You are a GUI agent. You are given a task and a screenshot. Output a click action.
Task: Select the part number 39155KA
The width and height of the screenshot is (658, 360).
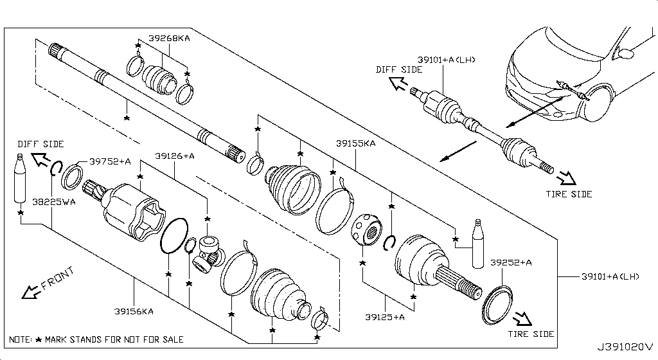coord(355,144)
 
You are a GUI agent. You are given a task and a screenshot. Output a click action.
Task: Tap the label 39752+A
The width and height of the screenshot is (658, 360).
coord(109,162)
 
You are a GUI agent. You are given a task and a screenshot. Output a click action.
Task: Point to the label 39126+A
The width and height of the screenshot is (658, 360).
coord(175,156)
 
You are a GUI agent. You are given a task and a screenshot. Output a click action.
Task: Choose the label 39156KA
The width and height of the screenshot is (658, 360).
coord(134,311)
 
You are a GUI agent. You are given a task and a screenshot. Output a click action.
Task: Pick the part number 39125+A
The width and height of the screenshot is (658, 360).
coord(385,316)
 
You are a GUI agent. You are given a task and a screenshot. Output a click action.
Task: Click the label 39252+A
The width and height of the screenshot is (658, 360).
coord(511,262)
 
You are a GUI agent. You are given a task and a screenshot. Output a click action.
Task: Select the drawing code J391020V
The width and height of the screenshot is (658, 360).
coord(626,348)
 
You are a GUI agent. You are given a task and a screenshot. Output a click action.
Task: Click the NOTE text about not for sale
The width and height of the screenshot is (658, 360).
coord(96,339)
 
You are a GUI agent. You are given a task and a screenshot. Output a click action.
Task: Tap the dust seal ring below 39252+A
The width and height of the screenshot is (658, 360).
coord(496,303)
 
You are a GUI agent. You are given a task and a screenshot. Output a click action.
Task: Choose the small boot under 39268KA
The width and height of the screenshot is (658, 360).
coord(158,80)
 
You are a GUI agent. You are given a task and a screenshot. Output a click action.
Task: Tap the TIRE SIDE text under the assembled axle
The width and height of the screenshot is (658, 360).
coord(569,194)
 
